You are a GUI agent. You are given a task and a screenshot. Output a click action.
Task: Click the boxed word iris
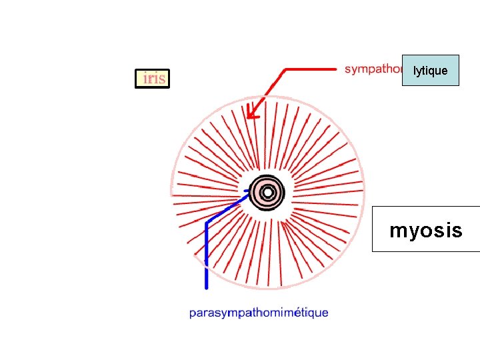tap(153, 79)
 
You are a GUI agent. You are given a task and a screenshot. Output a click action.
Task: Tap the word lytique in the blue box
tap(430, 70)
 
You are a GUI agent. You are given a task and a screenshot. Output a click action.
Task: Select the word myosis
tap(425, 231)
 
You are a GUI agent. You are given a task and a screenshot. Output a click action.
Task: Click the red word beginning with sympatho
tap(373, 69)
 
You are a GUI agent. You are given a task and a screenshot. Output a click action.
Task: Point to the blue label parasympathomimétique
tap(259, 312)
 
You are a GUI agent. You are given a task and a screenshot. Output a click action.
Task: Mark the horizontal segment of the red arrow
tap(311, 68)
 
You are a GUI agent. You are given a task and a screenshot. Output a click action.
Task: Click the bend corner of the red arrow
tap(286, 69)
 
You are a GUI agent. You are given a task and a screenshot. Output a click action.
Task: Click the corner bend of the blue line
tap(207, 221)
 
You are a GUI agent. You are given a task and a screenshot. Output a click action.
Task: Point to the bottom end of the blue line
tap(207, 287)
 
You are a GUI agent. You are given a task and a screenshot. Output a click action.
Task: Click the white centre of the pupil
tap(267, 193)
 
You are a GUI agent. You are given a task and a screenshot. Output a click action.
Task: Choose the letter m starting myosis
tap(397, 231)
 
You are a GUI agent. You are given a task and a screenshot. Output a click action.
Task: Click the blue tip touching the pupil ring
tap(246, 191)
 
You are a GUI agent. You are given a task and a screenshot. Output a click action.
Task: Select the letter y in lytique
tap(419, 71)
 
